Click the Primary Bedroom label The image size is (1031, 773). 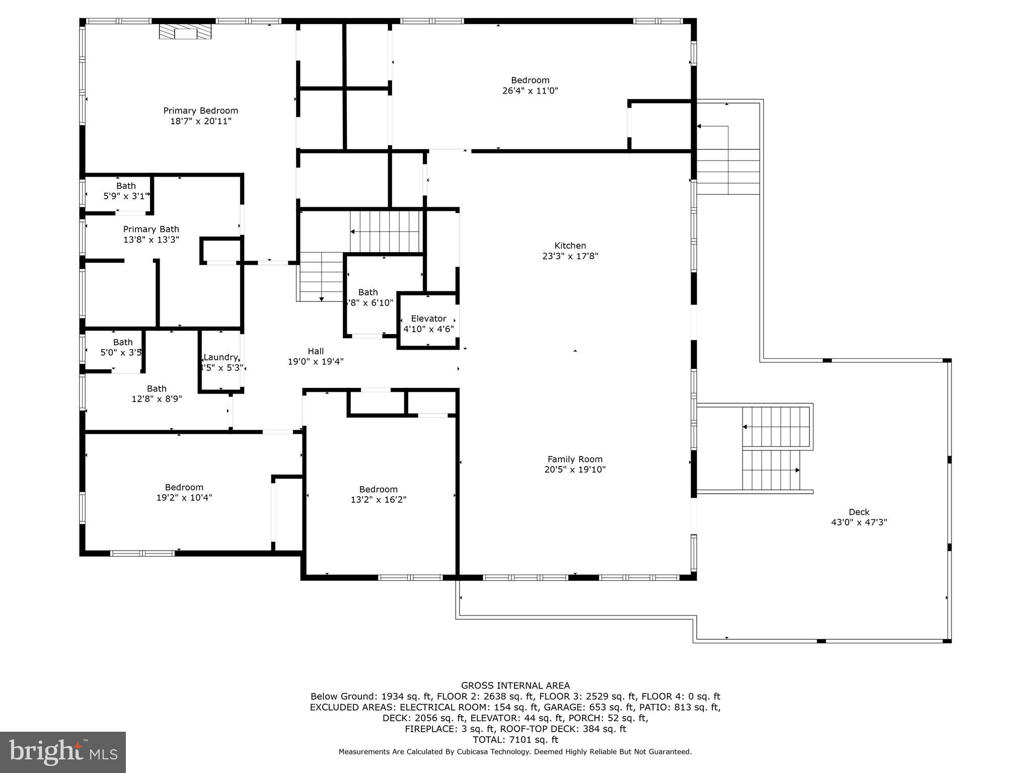[200, 111]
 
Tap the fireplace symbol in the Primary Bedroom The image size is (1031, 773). [185, 31]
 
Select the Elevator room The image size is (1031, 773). [428, 323]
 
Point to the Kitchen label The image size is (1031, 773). [570, 246]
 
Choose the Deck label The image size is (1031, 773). [858, 512]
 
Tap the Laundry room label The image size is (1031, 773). [220, 357]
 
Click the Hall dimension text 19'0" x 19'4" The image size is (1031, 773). [316, 361]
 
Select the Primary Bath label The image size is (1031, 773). [151, 229]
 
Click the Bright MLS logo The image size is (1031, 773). [62, 752]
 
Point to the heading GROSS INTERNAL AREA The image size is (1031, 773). [515, 685]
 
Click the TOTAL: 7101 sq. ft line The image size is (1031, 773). [515, 740]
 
